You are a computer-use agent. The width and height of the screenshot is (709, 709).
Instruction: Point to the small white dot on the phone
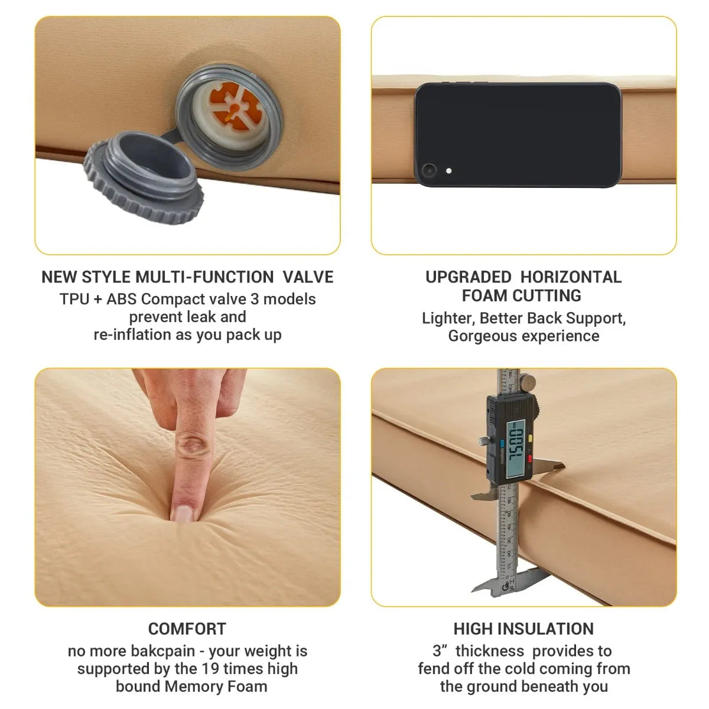click(449, 171)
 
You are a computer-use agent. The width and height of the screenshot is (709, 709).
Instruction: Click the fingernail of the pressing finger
click(181, 512)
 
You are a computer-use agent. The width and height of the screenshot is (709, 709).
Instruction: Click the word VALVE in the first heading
click(308, 277)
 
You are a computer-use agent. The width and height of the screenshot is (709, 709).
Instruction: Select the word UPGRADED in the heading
click(469, 277)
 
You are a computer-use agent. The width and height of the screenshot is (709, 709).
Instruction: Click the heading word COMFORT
click(187, 629)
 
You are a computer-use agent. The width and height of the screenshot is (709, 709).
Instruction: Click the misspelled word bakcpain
click(158, 651)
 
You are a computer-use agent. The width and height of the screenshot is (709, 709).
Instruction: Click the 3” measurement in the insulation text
click(441, 651)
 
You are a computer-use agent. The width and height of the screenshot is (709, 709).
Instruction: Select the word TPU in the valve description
click(74, 299)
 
